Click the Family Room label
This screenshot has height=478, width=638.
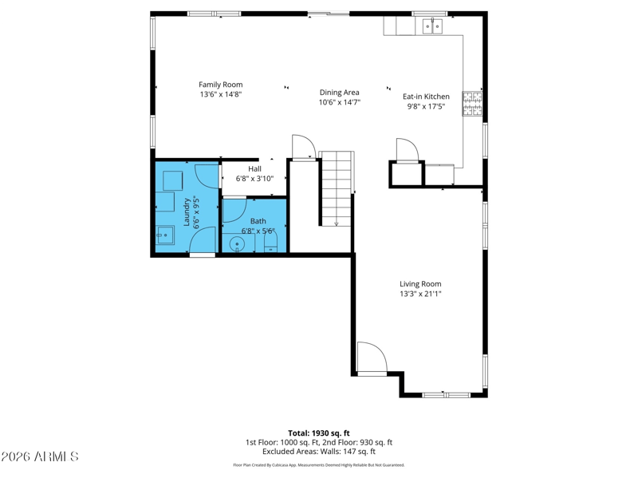point(221,85)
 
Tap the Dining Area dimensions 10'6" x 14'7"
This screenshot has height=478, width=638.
point(340,102)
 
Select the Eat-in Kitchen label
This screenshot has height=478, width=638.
point(426,97)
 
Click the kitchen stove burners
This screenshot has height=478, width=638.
point(472,104)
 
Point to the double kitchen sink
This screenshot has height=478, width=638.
point(432,26)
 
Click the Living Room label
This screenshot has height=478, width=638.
point(420,284)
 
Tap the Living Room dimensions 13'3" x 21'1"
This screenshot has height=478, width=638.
point(420,294)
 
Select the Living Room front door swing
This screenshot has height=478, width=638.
point(372,358)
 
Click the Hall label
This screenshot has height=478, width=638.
point(254,168)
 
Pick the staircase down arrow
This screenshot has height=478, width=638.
point(337,223)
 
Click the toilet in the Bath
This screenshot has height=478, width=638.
point(270,243)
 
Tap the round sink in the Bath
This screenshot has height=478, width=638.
point(237,244)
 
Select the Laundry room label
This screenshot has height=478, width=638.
point(187,212)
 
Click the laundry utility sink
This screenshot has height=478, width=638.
point(165,235)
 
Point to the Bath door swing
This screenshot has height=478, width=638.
point(234,210)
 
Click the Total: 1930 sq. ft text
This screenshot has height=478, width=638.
point(319,433)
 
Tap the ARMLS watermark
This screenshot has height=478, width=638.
point(39,456)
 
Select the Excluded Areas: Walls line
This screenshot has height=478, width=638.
point(319,452)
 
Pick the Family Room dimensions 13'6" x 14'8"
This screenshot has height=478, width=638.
point(221,94)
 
